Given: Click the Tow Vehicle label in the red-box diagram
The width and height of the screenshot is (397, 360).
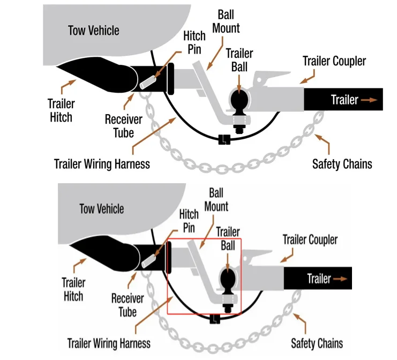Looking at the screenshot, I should coord(101,208).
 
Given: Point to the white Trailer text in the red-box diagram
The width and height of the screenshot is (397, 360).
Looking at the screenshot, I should coord(319,279).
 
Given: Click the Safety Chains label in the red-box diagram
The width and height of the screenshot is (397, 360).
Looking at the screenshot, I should coord(317,343).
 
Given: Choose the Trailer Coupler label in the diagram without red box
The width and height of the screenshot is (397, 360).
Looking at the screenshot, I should coord(334,61).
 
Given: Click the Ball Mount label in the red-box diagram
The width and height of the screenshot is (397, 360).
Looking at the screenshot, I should coord(216,199).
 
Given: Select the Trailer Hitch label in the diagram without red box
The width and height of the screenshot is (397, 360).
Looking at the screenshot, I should coord(61,110).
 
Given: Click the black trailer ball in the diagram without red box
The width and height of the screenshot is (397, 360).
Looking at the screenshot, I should coord(239,100).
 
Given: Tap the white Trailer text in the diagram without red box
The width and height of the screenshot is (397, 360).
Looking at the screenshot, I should coord(344,100).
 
